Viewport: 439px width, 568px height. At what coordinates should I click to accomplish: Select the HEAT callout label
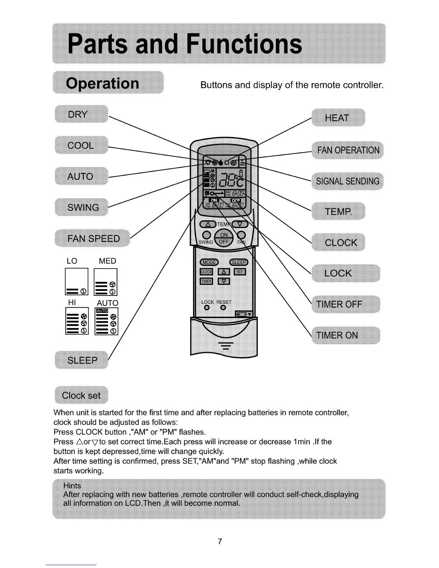coord(337,118)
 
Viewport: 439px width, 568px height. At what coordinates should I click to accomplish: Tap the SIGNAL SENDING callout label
coord(348,181)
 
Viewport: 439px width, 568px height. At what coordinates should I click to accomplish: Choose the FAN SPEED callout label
coord(93,238)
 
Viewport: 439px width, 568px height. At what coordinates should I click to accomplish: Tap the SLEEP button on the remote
coord(239,262)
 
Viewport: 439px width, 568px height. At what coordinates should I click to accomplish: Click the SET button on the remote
coord(240,272)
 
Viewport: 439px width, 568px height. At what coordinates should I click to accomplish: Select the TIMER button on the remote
coord(206,281)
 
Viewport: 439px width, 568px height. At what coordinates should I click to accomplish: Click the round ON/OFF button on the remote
coord(224,238)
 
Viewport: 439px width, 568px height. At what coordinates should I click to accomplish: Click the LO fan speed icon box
coord(76,282)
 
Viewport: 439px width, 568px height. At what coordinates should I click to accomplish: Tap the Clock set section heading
coord(81,395)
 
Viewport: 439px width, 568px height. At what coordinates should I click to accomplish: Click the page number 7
coord(220,541)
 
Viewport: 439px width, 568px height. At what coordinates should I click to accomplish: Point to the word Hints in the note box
coord(72,486)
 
